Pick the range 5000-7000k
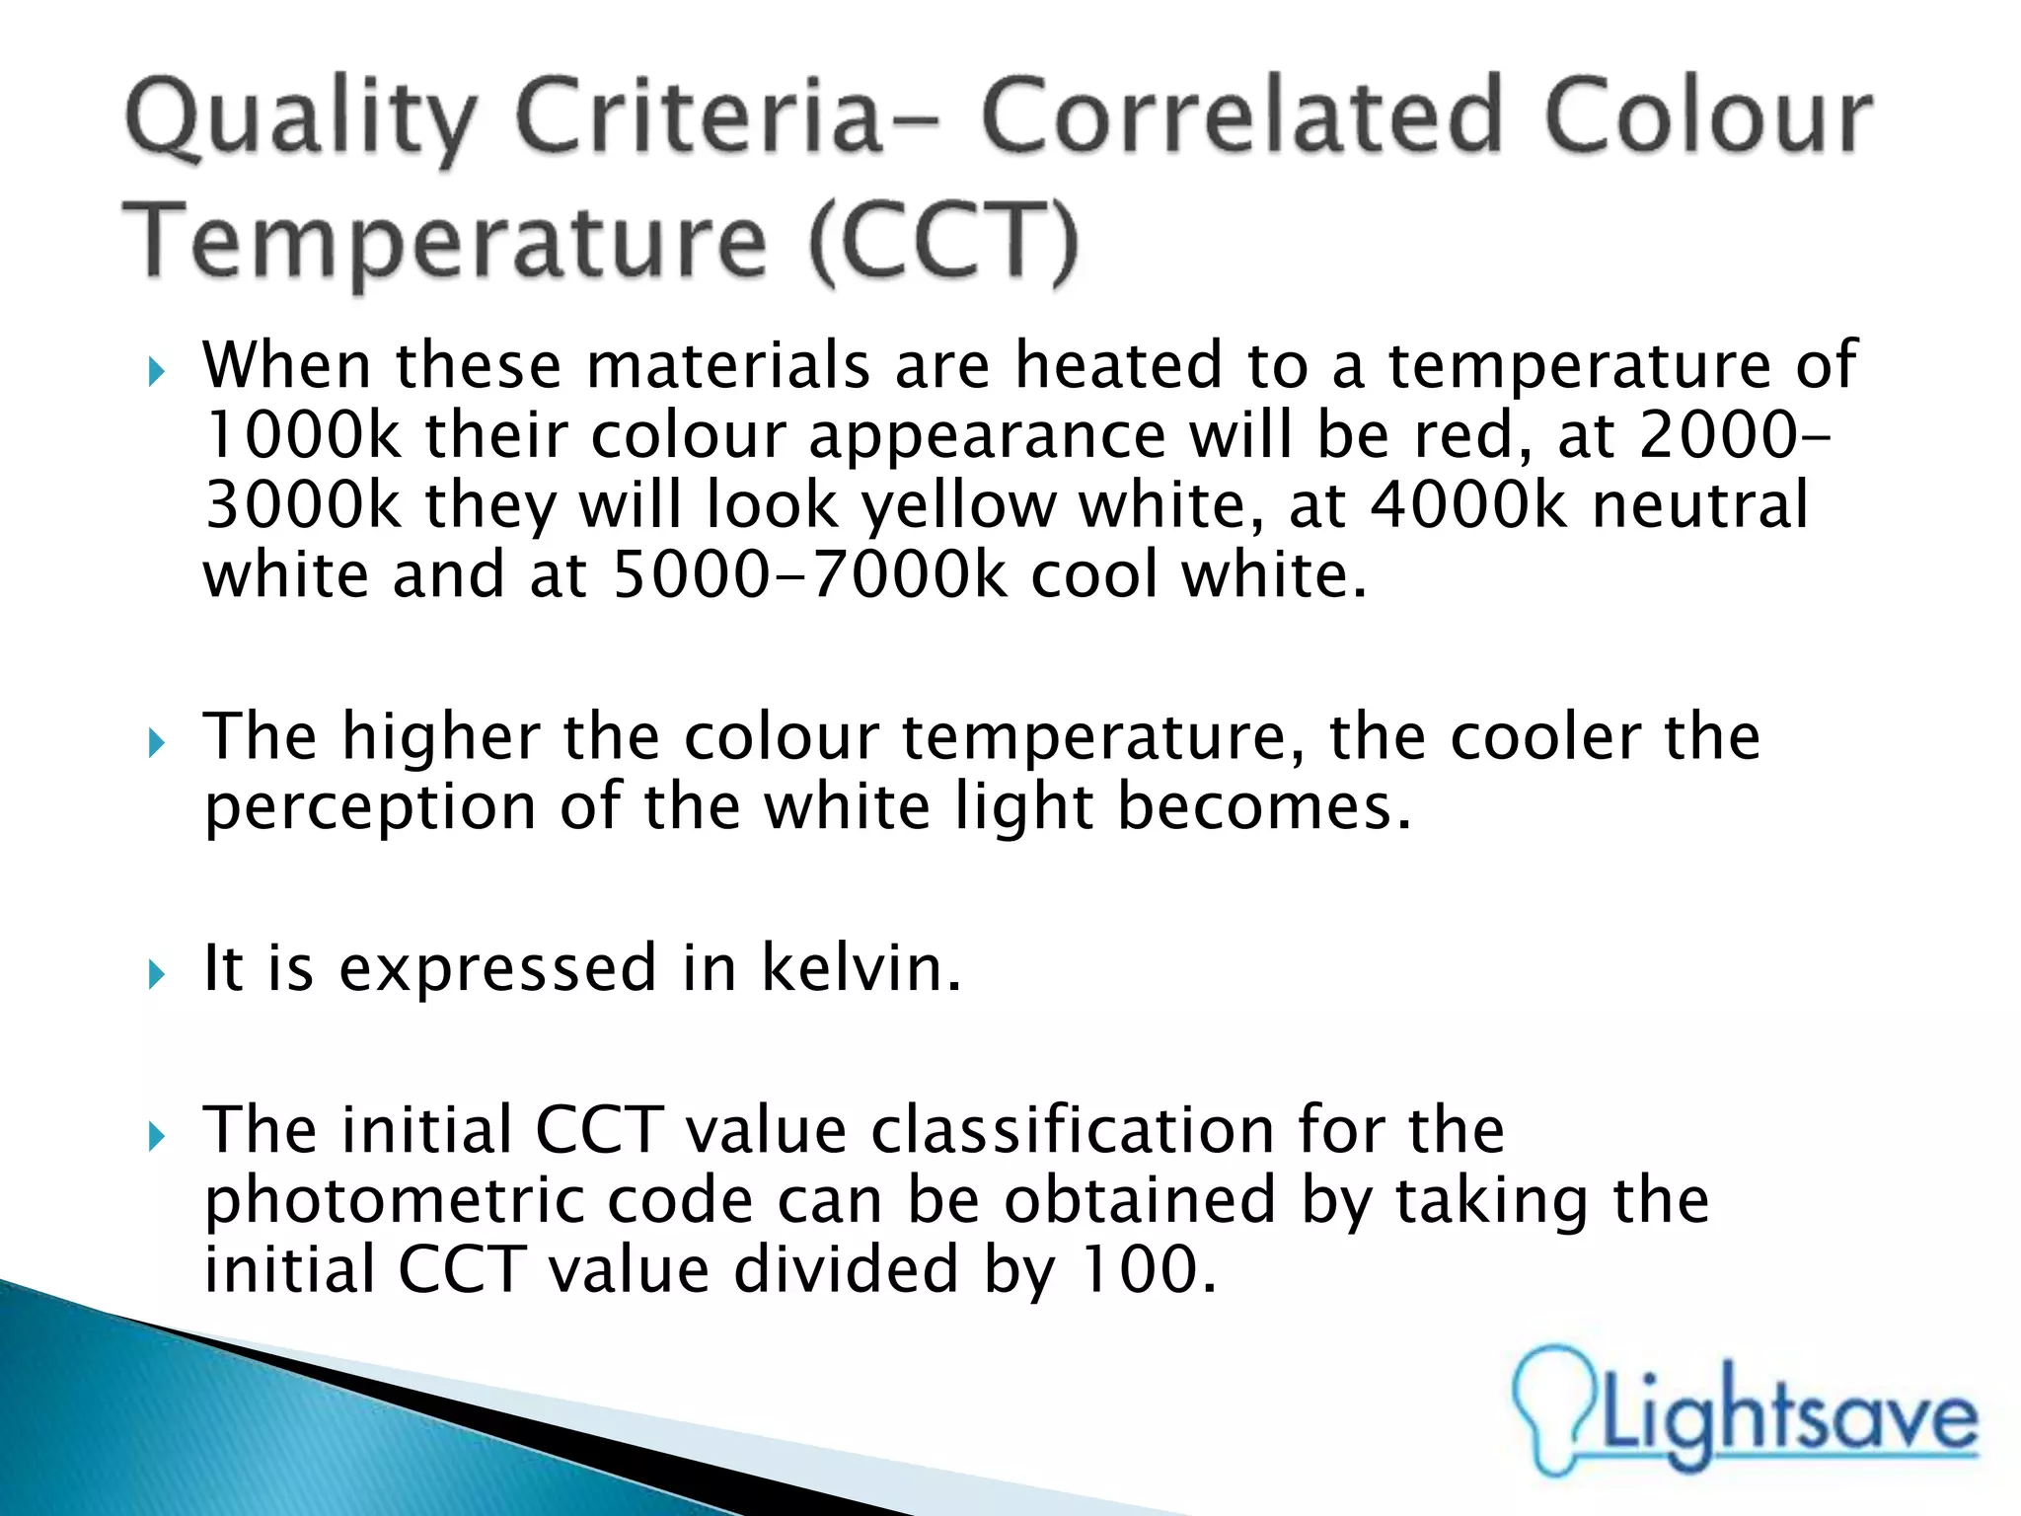[x=809, y=574]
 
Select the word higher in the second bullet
[x=440, y=738]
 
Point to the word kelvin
[x=860, y=968]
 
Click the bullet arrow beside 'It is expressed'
[x=156, y=975]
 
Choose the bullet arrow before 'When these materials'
[x=156, y=373]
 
